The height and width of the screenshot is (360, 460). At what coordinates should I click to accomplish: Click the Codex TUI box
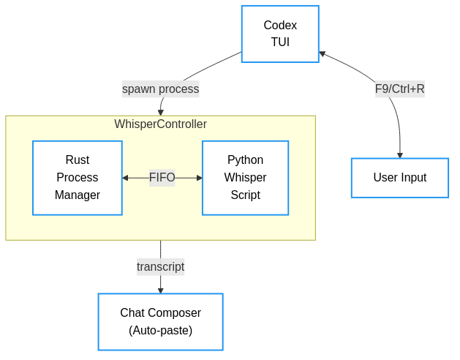pos(280,34)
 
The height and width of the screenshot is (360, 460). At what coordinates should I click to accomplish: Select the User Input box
pos(399,178)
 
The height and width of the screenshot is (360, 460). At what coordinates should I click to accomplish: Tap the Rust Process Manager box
pos(77,178)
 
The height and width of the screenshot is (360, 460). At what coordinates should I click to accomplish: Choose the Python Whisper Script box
pos(245,178)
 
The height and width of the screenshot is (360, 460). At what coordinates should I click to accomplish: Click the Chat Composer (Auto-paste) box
pos(160,322)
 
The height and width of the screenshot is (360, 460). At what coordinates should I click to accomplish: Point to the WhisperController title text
pos(160,124)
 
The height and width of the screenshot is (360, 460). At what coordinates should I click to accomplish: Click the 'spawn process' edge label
pos(160,89)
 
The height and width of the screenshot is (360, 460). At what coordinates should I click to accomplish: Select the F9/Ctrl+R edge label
pos(399,89)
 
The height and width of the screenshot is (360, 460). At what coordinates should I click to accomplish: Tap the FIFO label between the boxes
pos(162,178)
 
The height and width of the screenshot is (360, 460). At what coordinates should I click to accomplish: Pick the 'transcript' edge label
pos(160,267)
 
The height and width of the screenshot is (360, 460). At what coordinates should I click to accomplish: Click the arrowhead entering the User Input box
pos(400,155)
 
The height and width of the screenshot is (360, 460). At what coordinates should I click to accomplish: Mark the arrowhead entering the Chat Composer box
pos(160,290)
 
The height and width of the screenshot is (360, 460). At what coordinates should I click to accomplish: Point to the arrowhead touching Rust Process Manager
pos(126,178)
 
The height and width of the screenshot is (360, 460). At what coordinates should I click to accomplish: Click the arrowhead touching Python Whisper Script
pos(198,178)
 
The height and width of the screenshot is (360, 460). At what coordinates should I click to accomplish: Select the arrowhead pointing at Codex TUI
pos(323,53)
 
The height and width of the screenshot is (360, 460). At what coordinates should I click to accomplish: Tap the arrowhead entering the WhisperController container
pos(161,112)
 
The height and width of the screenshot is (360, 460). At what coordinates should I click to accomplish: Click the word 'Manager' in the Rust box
pos(77,195)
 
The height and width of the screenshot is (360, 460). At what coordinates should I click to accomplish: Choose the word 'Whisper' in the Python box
pos(245,178)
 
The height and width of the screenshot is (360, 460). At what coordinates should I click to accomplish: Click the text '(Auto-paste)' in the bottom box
pos(160,331)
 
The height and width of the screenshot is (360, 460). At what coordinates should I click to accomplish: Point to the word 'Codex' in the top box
pos(280,26)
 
